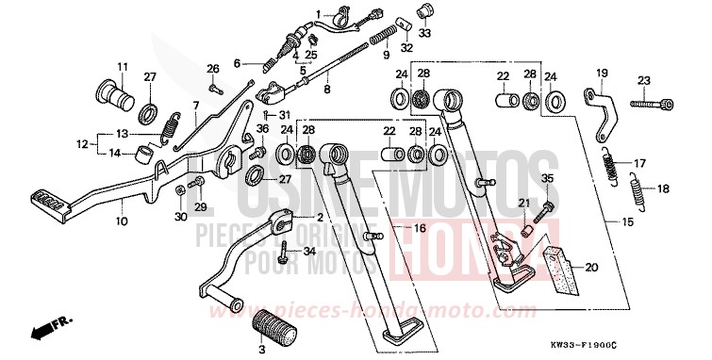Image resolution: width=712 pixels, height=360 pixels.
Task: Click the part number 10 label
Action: click(120, 222)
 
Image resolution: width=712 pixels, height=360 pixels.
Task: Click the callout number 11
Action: click(122, 65)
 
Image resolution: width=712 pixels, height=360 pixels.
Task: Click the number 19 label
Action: click(602, 72)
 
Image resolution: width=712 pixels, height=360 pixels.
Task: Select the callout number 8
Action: click(327, 90)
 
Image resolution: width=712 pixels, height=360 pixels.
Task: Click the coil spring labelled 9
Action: click(382, 39)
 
